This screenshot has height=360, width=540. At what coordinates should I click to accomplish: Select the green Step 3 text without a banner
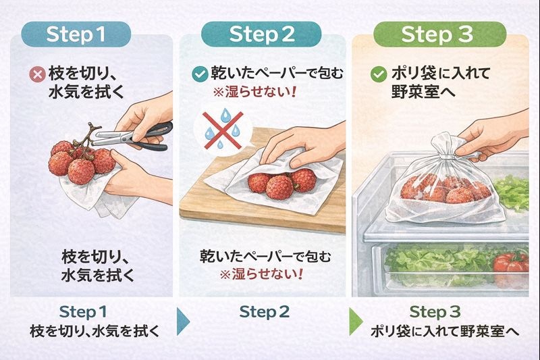[439, 311]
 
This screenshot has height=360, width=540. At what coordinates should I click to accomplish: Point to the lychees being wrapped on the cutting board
[280, 182]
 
